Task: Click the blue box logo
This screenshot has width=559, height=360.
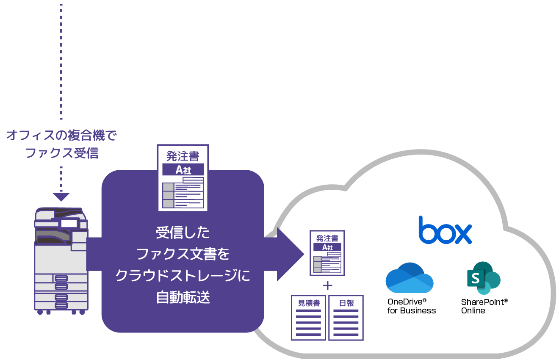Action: point(445,231)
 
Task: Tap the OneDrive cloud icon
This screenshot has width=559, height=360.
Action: point(409,278)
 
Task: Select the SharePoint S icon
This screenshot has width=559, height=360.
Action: point(483,278)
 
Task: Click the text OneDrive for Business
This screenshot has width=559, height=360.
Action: point(411,306)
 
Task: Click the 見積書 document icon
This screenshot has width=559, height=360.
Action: point(308,318)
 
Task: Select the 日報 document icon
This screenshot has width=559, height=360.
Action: point(346,318)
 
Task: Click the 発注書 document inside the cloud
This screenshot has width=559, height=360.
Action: point(327,253)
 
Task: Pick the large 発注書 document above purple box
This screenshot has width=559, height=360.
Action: point(183,178)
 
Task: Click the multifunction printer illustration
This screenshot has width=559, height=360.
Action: point(61,260)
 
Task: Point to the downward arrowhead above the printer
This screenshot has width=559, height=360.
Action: point(61,197)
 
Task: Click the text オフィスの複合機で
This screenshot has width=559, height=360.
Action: point(61,136)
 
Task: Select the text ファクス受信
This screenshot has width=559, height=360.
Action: point(61,153)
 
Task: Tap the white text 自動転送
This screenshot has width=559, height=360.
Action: point(183,298)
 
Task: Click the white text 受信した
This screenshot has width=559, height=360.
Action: point(183,233)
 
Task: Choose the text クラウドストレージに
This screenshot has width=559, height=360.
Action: point(183,276)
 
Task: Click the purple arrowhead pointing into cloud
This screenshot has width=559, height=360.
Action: point(290,254)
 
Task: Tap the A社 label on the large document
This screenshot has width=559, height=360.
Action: point(183,170)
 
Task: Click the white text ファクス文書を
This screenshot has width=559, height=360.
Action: point(183,254)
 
